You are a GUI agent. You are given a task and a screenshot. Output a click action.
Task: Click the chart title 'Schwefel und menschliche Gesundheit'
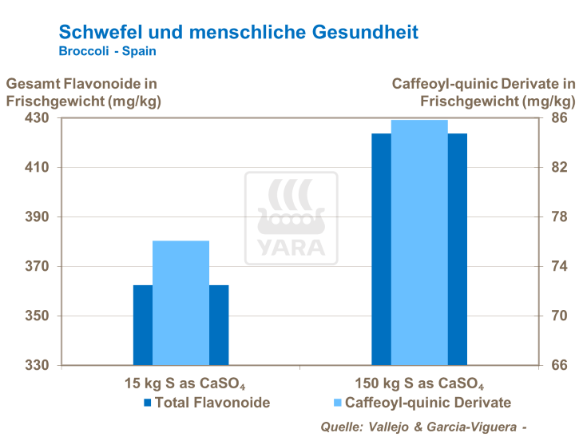(x=238, y=33)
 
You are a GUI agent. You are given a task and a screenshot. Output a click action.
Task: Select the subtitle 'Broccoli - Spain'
(x=108, y=51)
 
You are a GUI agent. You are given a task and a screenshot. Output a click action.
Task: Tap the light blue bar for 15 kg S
(x=180, y=302)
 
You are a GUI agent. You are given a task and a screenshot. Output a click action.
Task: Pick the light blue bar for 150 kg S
(x=419, y=242)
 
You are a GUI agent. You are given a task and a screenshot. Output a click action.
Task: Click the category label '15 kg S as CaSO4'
(x=180, y=382)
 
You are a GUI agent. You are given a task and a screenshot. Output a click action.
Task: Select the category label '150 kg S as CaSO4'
(x=419, y=382)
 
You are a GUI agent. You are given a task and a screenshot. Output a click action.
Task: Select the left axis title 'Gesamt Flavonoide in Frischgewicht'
(x=81, y=92)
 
